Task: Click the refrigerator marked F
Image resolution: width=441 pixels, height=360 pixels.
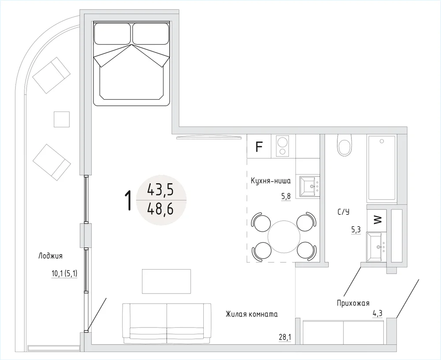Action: (x=259, y=146)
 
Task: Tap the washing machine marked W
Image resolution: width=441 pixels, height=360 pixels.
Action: (x=377, y=219)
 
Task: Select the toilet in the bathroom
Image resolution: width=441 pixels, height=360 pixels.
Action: (x=345, y=145)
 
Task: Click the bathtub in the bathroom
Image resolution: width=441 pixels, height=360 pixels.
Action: (x=382, y=169)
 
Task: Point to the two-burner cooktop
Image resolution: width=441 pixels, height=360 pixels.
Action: (x=283, y=146)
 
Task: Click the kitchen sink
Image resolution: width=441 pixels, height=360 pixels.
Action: (x=310, y=186)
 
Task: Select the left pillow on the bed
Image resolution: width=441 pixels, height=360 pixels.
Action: (x=112, y=34)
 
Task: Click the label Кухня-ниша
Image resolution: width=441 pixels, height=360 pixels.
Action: (x=271, y=181)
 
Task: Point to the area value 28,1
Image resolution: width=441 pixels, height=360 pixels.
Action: (x=285, y=337)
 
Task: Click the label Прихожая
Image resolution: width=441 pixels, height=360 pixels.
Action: (x=353, y=303)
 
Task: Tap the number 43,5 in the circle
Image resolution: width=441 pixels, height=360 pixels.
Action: (x=161, y=191)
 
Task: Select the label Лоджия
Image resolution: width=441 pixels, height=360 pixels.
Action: (x=50, y=256)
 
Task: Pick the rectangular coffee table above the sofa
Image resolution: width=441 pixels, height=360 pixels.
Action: (x=167, y=282)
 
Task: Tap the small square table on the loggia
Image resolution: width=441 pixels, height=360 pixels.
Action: (x=62, y=119)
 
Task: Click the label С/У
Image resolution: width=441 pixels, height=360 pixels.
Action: (x=344, y=212)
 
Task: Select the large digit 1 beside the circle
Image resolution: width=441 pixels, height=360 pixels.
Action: (x=128, y=200)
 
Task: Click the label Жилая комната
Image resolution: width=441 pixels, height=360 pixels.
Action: (x=252, y=314)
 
